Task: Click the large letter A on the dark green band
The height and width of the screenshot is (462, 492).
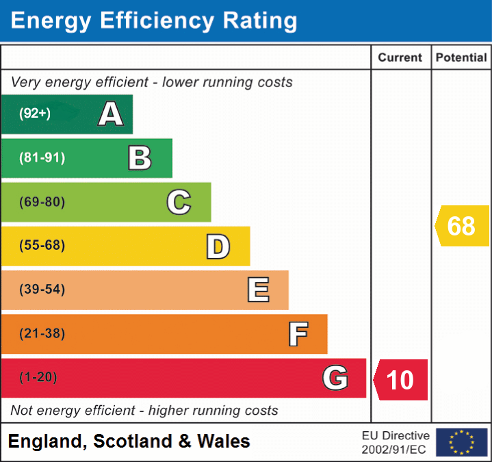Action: coord(111,114)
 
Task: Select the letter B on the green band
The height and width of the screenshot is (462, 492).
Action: coord(140,158)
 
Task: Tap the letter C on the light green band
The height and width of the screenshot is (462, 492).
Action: coord(179,202)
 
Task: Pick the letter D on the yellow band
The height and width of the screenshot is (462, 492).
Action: coord(218,246)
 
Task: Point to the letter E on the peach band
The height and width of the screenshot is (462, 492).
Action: coord(258,290)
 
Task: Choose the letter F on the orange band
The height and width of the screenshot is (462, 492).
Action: coord(298,334)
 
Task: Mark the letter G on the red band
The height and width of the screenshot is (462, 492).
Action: coord(335,378)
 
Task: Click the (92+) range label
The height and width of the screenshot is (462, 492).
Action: coord(35,114)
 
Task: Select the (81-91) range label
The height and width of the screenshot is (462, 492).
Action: coord(42,158)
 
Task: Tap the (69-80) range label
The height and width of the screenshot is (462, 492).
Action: coord(42,202)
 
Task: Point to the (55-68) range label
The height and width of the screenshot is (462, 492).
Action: coord(42,246)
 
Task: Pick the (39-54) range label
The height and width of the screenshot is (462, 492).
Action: coord(42,290)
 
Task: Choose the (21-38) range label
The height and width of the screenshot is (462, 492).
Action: coord(42,334)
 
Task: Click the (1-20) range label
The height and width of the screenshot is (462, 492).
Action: coord(38,378)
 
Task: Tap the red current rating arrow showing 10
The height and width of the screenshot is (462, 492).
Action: coord(401,379)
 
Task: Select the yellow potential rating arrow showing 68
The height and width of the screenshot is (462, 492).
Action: coord(463,226)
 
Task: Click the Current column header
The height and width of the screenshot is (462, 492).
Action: coord(401,58)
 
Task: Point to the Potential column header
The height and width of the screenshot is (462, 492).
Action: coord(461,58)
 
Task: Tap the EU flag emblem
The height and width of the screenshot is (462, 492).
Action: coord(461,442)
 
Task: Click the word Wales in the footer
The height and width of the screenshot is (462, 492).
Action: coord(224,441)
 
